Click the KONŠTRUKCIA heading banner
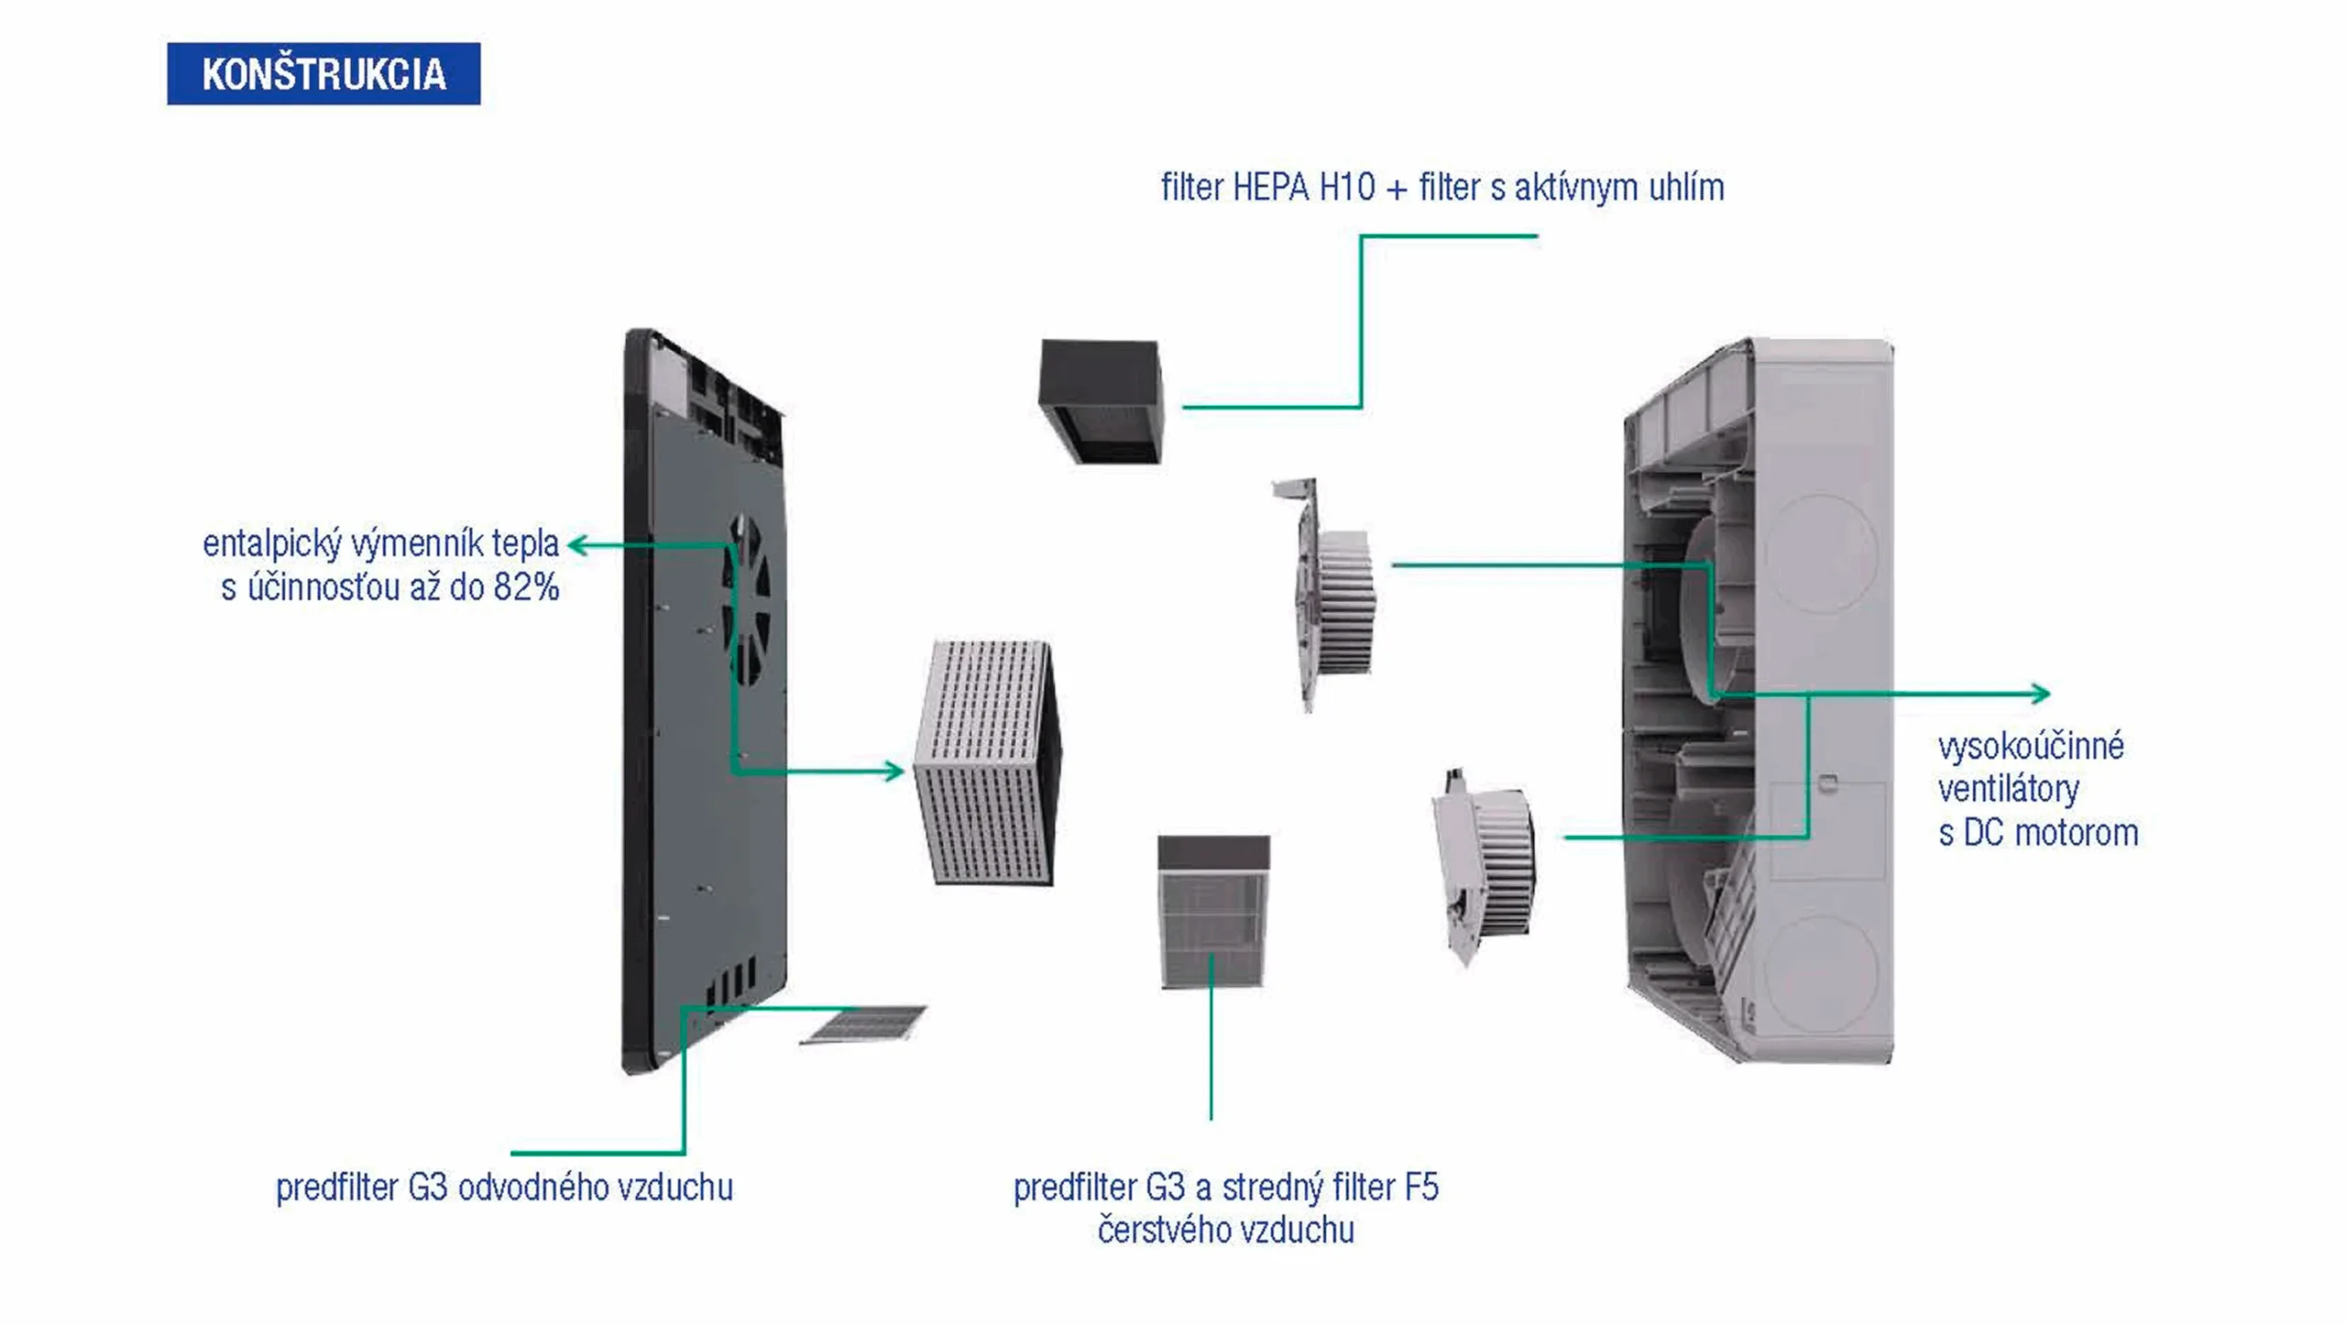(323, 73)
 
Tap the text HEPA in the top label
(1270, 188)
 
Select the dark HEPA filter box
(1101, 400)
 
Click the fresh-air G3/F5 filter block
(1213, 913)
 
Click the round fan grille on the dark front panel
(748, 599)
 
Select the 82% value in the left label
(526, 587)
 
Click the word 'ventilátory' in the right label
(2008, 789)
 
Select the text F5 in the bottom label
(1421, 1188)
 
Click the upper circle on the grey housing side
(1821, 553)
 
